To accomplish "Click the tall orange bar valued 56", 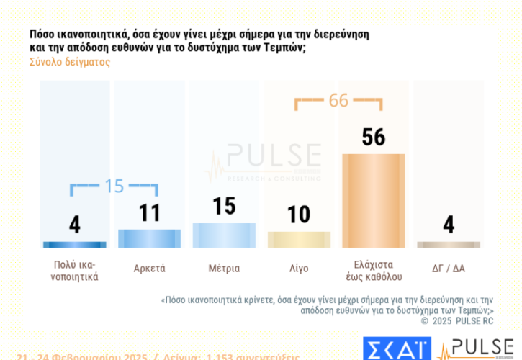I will pyautogui.click(x=373, y=201).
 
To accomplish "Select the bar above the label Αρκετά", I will pyautogui.click(x=149, y=238).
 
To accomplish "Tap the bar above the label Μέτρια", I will pyautogui.click(x=224, y=235).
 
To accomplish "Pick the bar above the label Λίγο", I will pyautogui.click(x=299, y=240).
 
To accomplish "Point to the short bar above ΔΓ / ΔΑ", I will pyautogui.click(x=449, y=245).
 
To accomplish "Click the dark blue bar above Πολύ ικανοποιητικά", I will pyautogui.click(x=75, y=245).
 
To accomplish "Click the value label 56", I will pyautogui.click(x=373, y=138).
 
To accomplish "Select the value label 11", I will pyautogui.click(x=149, y=214).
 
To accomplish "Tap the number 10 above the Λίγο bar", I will pyautogui.click(x=299, y=215).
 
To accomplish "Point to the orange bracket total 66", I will pyautogui.click(x=338, y=101).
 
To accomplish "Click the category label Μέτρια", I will pyautogui.click(x=224, y=269).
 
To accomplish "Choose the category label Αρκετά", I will pyautogui.click(x=149, y=269).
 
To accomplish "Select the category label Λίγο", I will pyautogui.click(x=299, y=269).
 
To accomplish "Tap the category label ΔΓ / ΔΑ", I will pyautogui.click(x=449, y=269).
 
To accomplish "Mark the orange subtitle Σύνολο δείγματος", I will pyautogui.click(x=70, y=62).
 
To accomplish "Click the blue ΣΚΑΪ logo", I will pyautogui.click(x=396, y=348).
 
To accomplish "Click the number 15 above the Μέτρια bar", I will pyautogui.click(x=224, y=206).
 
